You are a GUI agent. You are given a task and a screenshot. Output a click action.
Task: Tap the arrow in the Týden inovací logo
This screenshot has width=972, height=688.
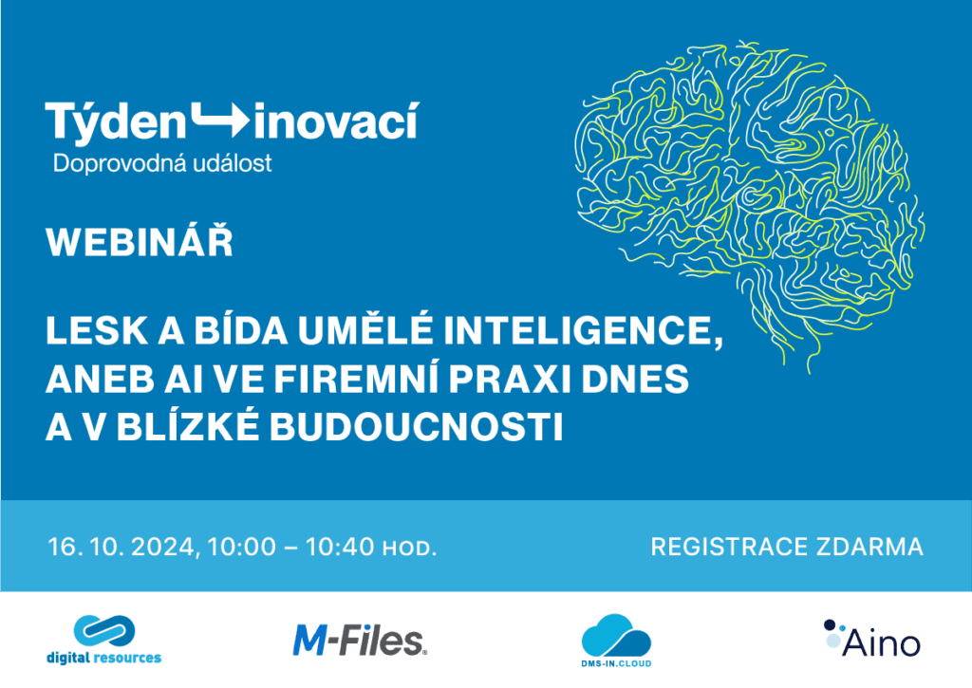pyautogui.click(x=220, y=120)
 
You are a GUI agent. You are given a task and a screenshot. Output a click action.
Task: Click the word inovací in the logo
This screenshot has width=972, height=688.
pyautogui.click(x=336, y=121)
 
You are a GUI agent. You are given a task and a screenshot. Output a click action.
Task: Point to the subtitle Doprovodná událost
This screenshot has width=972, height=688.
pyautogui.click(x=162, y=163)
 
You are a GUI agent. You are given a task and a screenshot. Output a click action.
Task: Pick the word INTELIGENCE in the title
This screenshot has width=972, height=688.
pyautogui.click(x=584, y=331)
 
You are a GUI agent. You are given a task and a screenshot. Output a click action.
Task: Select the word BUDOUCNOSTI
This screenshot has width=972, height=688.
pyautogui.click(x=417, y=427)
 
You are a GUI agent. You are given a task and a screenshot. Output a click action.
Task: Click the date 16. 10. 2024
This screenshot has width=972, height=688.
pyautogui.click(x=122, y=548)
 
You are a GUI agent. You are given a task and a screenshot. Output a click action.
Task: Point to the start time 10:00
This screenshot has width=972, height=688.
pyautogui.click(x=242, y=547)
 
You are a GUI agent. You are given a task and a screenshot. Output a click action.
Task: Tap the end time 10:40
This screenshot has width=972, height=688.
pyautogui.click(x=340, y=547)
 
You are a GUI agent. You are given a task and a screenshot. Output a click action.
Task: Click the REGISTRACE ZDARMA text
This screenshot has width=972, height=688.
pyautogui.click(x=787, y=547)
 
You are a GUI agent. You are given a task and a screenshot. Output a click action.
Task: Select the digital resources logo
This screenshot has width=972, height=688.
pyautogui.click(x=104, y=640)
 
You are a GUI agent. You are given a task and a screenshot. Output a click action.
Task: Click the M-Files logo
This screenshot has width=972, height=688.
pyautogui.click(x=360, y=641)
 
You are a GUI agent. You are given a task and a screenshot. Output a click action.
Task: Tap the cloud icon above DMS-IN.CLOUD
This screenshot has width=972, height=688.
pyautogui.click(x=615, y=635)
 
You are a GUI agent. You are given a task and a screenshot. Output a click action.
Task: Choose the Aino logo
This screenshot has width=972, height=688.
pyautogui.click(x=872, y=639)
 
